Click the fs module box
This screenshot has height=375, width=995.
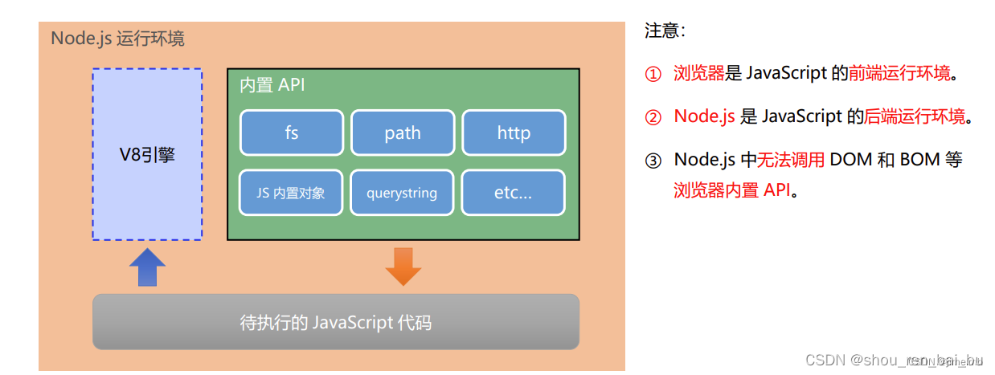(292, 132)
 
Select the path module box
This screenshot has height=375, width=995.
(403, 132)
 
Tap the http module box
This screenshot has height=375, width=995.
(514, 132)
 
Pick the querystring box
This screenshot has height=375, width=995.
(403, 193)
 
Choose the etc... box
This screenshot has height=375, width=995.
(514, 193)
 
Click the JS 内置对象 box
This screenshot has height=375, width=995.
(292, 193)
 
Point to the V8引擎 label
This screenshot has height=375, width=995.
(147, 155)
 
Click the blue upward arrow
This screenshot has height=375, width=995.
(147, 267)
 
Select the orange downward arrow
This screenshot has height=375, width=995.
(403, 267)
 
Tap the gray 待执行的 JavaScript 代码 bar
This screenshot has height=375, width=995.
(336, 322)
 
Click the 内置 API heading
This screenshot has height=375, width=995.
(272, 85)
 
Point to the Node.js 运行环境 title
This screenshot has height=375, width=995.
(117, 39)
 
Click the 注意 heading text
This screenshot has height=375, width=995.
(663, 31)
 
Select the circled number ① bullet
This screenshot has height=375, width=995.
(653, 74)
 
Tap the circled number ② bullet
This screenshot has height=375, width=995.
(653, 117)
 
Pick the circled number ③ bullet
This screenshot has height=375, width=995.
(653, 160)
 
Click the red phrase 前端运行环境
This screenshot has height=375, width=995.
(899, 74)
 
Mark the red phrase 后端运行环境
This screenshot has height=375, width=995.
(915, 117)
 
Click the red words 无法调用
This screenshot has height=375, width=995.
(791, 160)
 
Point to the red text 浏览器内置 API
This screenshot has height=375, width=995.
(732, 191)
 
